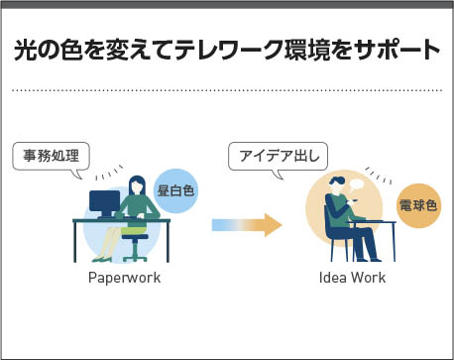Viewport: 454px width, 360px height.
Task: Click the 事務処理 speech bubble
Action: (x=51, y=157)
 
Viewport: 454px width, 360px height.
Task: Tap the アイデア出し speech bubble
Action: (x=279, y=157)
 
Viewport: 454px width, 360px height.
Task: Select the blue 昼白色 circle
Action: (x=175, y=191)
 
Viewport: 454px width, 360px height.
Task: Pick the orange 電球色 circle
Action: (x=418, y=206)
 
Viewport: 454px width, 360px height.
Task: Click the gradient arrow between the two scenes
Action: (x=247, y=225)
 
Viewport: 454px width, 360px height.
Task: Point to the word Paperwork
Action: (x=124, y=278)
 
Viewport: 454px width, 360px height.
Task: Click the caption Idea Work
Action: (x=352, y=278)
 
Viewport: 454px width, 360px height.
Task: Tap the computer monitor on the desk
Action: (x=104, y=203)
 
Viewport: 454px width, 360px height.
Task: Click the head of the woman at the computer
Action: (x=137, y=185)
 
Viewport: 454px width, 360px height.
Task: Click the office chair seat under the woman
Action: (x=135, y=237)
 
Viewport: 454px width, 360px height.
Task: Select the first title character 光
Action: (x=26, y=51)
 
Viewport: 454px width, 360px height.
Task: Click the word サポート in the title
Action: (x=396, y=51)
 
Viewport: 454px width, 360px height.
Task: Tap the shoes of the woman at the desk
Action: (x=102, y=259)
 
